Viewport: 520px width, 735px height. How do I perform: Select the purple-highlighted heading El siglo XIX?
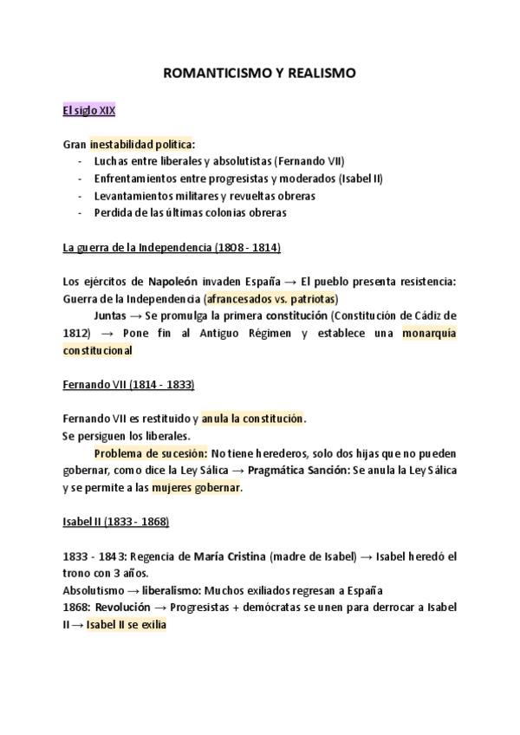point(89,110)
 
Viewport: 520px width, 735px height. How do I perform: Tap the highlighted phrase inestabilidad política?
point(140,144)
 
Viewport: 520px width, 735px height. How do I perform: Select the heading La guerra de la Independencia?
point(172,247)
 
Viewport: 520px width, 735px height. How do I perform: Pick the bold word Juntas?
point(112,315)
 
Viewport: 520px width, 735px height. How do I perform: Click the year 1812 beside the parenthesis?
point(76,333)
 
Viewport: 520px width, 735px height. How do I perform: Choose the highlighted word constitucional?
point(98,350)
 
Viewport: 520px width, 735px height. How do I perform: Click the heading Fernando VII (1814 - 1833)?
point(129,384)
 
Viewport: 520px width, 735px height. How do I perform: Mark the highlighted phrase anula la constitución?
point(253,419)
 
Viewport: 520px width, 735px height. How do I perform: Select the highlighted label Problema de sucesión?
point(150,453)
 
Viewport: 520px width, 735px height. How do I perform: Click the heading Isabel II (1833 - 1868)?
point(116,522)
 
